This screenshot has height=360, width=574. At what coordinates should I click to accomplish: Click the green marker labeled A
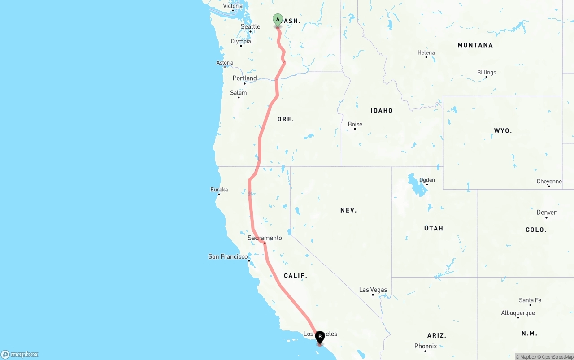tap(278, 20)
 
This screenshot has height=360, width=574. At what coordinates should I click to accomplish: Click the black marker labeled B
tap(320, 337)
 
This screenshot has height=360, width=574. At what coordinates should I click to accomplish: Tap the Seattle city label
tap(250, 26)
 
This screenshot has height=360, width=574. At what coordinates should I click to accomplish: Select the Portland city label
tap(244, 78)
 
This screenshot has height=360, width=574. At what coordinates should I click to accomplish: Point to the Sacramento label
tap(265, 238)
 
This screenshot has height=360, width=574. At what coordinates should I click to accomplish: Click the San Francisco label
tap(228, 257)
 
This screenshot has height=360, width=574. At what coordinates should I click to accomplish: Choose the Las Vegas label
tap(373, 290)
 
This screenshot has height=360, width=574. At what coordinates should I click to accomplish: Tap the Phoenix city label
tap(426, 346)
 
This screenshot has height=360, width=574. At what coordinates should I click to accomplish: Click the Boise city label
tap(355, 125)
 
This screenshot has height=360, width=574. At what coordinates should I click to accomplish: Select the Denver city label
tap(546, 213)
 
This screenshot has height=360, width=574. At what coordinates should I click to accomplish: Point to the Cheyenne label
tap(549, 182)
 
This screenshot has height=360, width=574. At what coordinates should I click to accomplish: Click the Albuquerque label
tap(518, 313)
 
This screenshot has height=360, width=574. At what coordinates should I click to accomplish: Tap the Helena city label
tap(426, 53)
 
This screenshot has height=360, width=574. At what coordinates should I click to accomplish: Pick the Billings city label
tap(487, 73)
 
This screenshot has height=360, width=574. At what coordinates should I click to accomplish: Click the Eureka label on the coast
tap(219, 190)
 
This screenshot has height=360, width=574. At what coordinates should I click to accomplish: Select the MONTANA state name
tap(475, 45)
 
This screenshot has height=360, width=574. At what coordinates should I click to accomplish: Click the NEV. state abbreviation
tap(348, 210)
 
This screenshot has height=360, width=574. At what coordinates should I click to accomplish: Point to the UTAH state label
tap(434, 229)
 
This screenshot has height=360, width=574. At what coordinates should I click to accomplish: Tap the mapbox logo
tap(20, 355)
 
